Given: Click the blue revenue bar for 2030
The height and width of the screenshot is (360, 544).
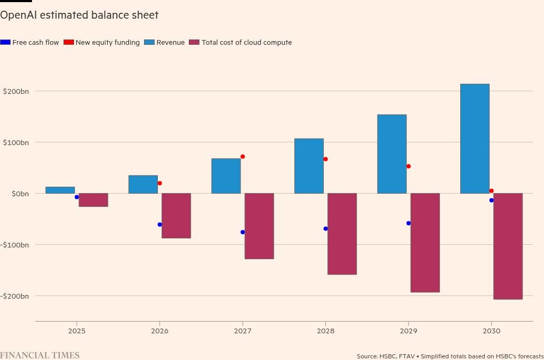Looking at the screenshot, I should coord(475,139).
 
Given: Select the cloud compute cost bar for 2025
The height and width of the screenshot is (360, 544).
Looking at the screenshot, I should coord(93,200).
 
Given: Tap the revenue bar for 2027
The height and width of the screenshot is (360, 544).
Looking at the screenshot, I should coord(226,176).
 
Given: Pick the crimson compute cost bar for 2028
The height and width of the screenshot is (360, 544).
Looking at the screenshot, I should coord(342,234).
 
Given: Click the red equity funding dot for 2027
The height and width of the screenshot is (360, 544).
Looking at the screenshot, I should coord(243,157).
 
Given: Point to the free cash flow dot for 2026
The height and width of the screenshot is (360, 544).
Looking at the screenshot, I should coord(159,225).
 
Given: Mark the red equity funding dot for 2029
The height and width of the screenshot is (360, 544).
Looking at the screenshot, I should coord(409,166).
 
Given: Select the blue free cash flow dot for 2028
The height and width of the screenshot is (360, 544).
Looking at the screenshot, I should coord(325,229).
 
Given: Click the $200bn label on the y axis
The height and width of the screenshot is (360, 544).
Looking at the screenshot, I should coord(15,91).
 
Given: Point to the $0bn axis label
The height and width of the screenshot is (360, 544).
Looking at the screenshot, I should coord(20,194).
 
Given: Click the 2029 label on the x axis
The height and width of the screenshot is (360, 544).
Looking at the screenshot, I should coord(409,331).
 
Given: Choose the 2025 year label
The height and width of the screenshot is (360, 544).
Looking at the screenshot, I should coord(77,331).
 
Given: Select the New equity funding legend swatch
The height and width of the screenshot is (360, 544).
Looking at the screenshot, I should coord(68,43).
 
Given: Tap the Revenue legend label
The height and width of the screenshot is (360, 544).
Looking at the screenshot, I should coord(170,43).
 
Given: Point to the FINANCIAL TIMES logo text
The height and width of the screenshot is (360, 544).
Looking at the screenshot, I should coord(39,355).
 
